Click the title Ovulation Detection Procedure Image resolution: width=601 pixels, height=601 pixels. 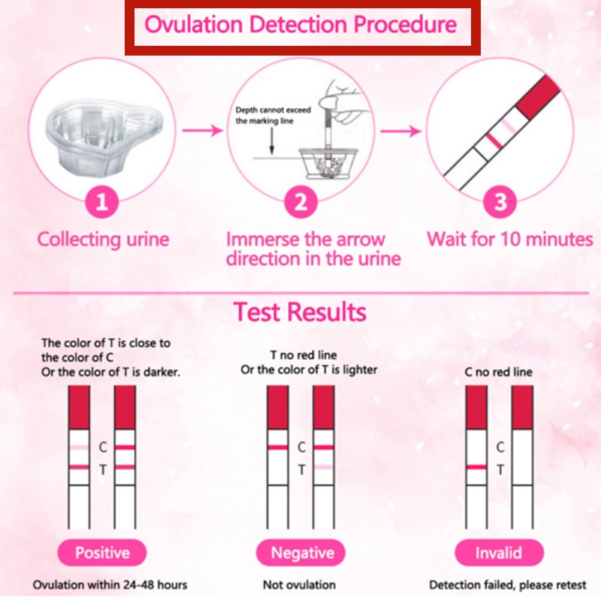pos(300,25)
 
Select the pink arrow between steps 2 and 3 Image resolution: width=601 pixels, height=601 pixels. pos(398,131)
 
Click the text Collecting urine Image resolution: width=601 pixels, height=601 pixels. pos(104,240)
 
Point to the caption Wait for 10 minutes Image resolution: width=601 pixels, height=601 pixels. pos(510,240)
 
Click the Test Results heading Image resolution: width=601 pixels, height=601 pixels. pos(300,311)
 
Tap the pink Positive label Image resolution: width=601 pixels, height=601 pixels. pos(102,554)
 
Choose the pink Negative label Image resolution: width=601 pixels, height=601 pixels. pos(302,554)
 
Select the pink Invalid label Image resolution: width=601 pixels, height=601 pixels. pos(498,554)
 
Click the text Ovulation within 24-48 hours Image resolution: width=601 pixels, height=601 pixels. pos(110,584)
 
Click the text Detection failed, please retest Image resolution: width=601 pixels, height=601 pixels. pos(509,584)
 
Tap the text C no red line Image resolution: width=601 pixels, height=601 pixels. pos(498,372)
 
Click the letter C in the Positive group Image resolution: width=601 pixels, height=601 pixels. pos(103,447)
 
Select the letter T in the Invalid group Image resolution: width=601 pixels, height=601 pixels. pos(500,470)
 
